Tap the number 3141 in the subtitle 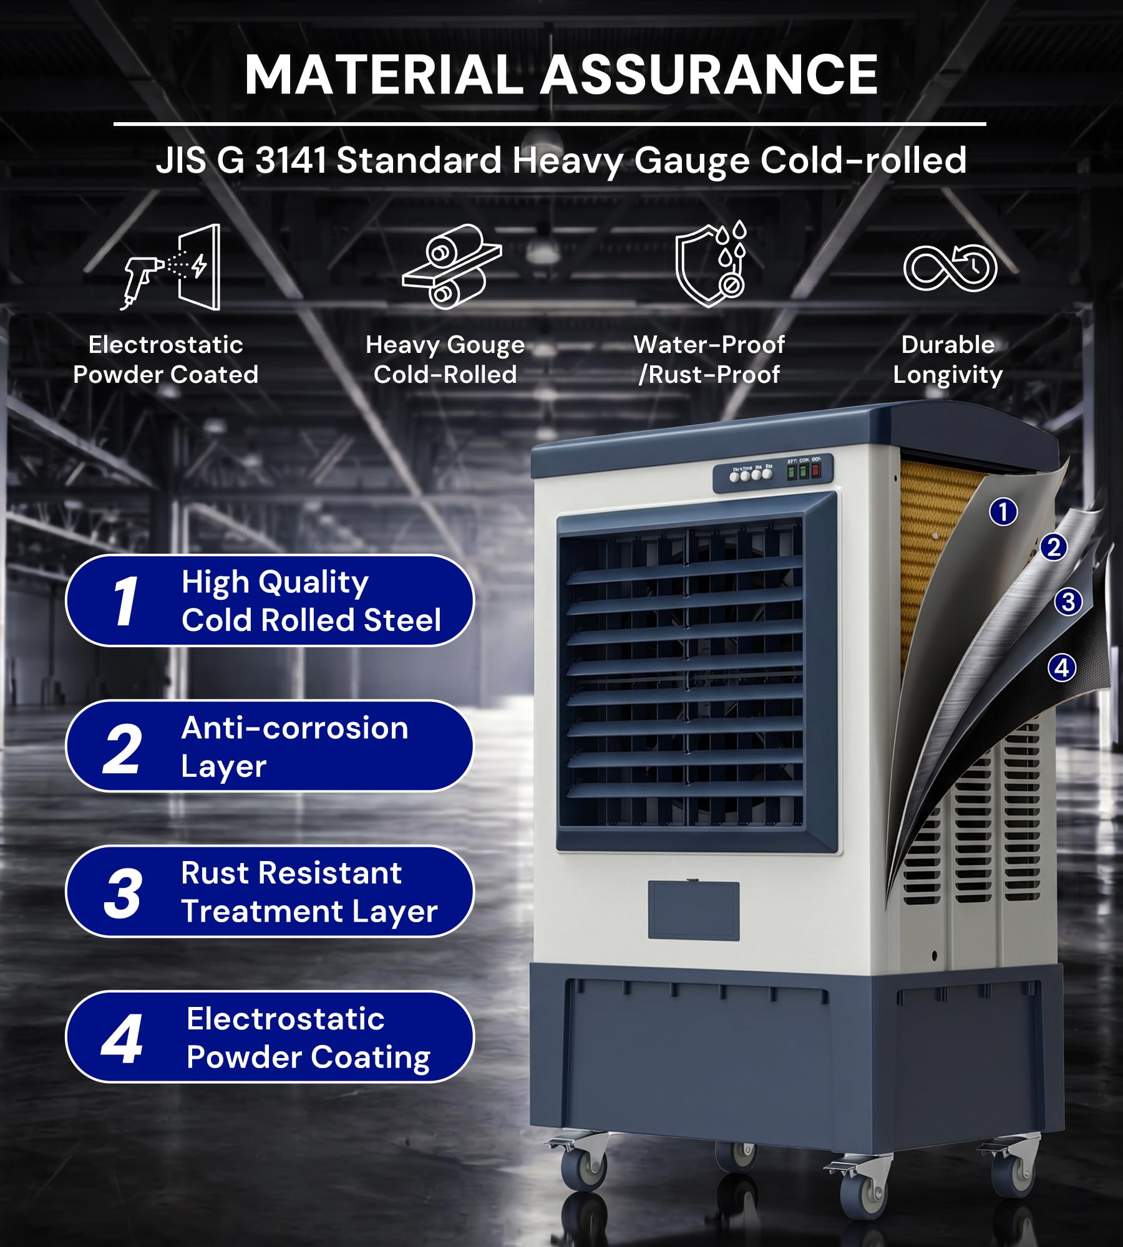pos(291,160)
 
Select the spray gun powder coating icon pos(170,267)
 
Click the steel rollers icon pos(452,266)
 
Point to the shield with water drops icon pos(711,264)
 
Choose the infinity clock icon pos(950,268)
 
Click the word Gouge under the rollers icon pos(486,345)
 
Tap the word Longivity pos(948,375)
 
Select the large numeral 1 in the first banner pos(126,600)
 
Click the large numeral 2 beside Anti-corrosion pos(122,749)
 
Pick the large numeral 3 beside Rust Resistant pos(122,894)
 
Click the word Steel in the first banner pos(402,620)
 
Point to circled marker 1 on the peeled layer pos(1003,512)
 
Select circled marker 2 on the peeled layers pos(1054,547)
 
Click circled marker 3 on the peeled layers pos(1068,602)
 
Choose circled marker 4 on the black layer pos(1061,668)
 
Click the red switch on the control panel pos(815,471)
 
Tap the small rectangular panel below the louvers pos(694,910)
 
